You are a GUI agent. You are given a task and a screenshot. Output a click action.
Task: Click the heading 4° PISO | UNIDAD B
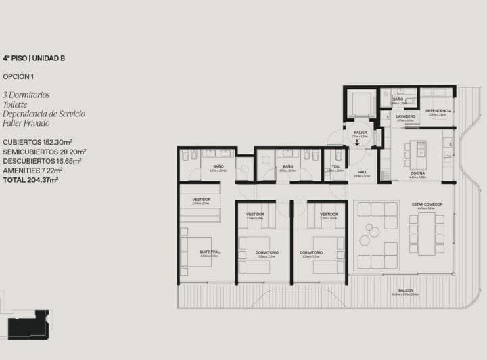pyautogui.click(x=34, y=59)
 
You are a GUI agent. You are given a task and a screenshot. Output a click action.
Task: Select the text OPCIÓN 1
pyautogui.click(x=18, y=76)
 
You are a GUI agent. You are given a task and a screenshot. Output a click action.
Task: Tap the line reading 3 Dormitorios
pyautogui.click(x=26, y=95)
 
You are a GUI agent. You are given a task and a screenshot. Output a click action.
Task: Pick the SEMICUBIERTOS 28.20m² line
pyautogui.click(x=45, y=152)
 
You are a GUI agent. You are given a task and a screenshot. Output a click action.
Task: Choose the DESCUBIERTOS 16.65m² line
pyautogui.click(x=43, y=161)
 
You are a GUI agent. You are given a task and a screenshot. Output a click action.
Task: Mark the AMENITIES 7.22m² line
pyautogui.click(x=36, y=171)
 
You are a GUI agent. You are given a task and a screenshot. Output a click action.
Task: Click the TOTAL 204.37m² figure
pyautogui.click(x=30, y=180)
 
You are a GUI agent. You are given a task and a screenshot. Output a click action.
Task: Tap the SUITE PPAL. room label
pyautogui.click(x=209, y=252)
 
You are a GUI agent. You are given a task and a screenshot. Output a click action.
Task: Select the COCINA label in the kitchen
pyautogui.click(x=417, y=173)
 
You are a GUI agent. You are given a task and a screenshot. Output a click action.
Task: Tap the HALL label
pyautogui.click(x=363, y=172)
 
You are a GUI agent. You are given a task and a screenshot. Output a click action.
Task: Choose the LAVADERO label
pyautogui.click(x=405, y=116)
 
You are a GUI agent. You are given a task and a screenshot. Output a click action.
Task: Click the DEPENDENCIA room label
pyautogui.click(x=438, y=110)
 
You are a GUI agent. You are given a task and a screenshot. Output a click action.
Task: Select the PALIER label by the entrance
pyautogui.click(x=360, y=132)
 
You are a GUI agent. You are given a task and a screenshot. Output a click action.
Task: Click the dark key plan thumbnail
pyautogui.click(x=28, y=324)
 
